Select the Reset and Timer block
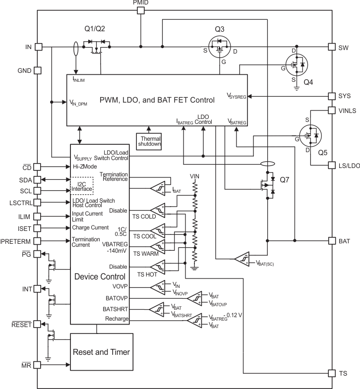coord(102,352)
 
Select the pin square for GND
coord(38,70)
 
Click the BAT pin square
coord(331,241)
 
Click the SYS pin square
coord(331,96)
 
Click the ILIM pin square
coord(38,216)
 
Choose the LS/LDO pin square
coord(331,165)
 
